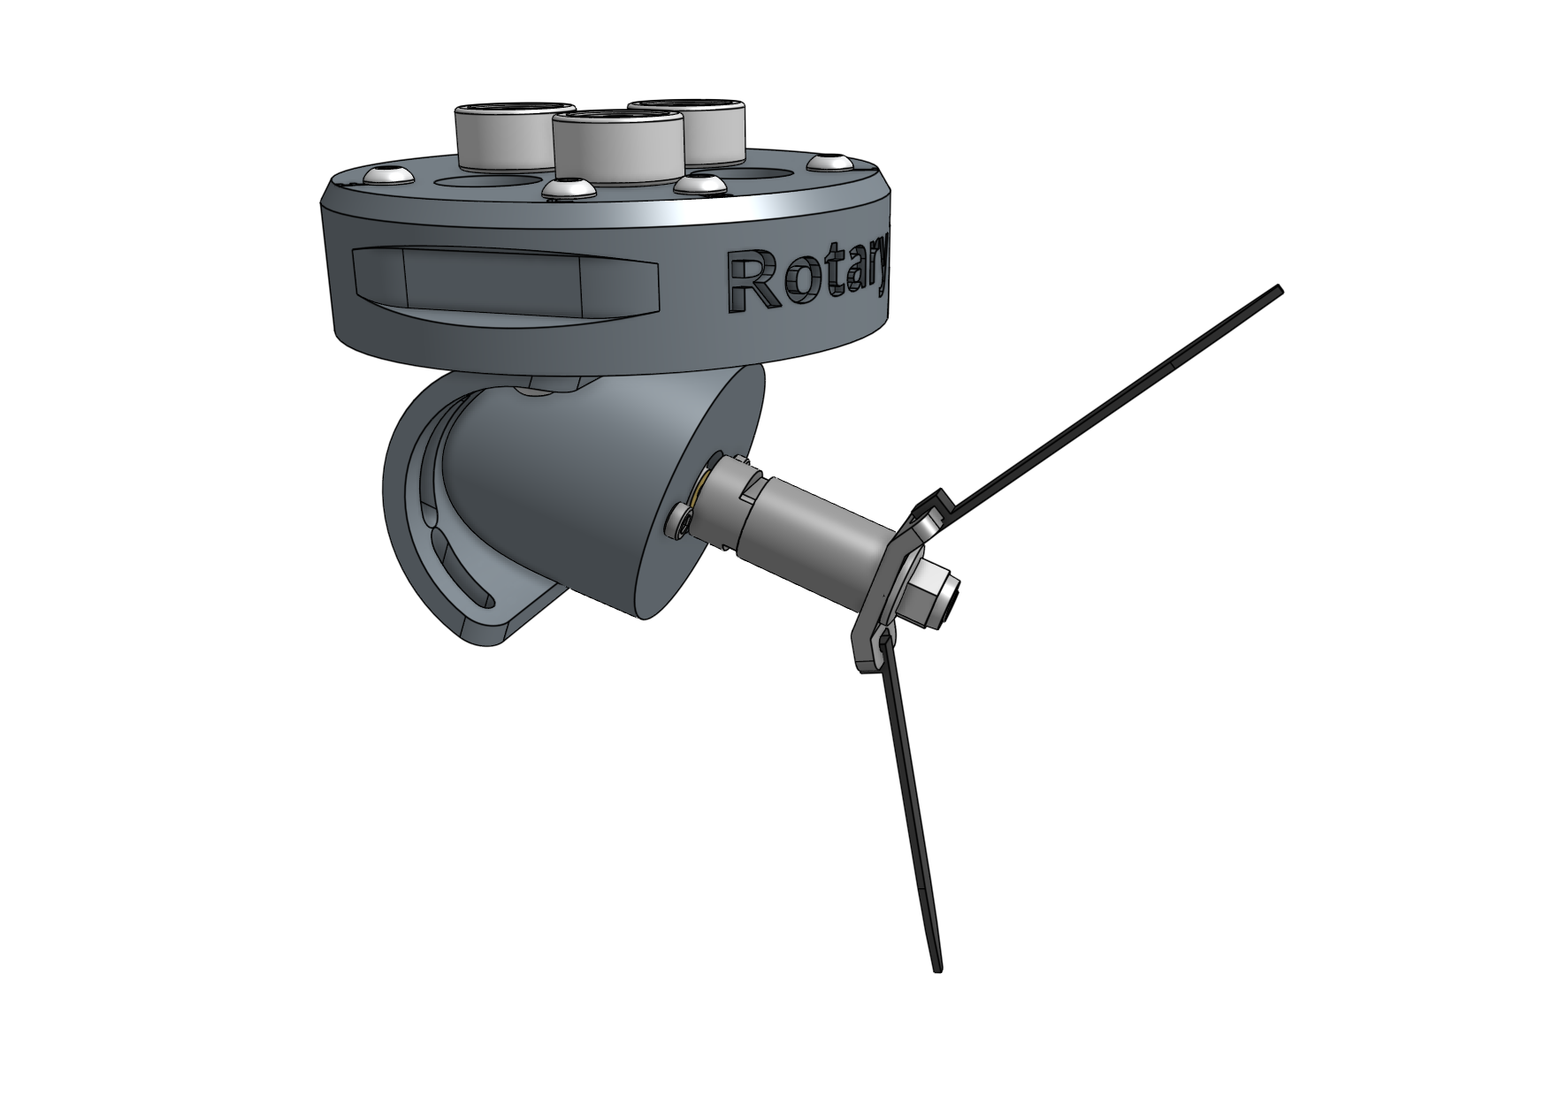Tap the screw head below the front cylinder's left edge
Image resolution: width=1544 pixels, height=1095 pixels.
click(564, 189)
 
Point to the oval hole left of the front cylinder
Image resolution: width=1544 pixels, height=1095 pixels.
click(488, 181)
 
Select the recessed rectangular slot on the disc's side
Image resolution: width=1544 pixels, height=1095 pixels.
click(504, 280)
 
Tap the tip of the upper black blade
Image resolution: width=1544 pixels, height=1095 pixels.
click(1277, 292)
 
